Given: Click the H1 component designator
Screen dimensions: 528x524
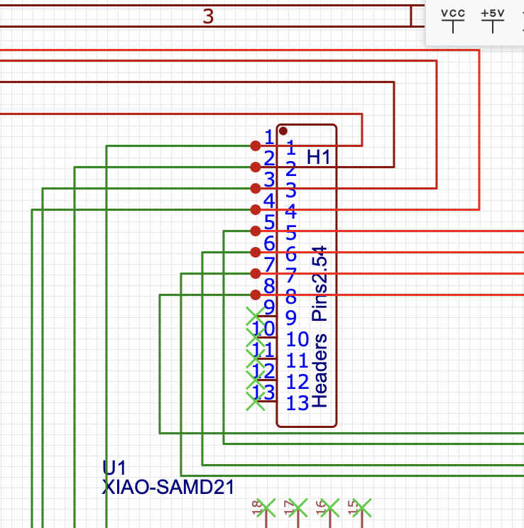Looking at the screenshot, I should coord(319,157).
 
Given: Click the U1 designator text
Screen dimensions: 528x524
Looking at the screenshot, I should coord(114,468).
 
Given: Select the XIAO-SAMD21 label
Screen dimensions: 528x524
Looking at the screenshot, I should coord(168,487).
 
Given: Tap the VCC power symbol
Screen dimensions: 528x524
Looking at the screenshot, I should coord(452,21).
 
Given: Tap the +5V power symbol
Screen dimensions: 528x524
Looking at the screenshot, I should coord(492,21).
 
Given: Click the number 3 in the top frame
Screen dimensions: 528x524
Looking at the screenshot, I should coord(208,16).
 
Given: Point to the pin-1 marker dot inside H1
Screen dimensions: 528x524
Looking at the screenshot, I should coord(283,131).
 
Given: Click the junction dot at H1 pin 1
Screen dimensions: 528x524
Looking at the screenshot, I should coord(256,145).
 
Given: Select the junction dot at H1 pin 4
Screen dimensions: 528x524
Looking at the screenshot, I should coord(256,209).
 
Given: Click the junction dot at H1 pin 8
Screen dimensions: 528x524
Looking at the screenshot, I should coord(256,295).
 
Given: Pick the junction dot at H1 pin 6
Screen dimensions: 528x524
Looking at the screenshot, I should coord(256,252).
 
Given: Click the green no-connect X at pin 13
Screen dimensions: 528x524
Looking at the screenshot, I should coord(255,402).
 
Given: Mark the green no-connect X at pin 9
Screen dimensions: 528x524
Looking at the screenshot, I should coord(255,316).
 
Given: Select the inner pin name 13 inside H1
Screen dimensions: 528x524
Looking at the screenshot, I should coord(298,403).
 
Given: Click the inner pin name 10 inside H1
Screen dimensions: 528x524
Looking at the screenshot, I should coord(298,339).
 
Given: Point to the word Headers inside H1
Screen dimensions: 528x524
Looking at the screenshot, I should coord(320,370).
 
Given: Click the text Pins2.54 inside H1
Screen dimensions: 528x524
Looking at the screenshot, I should coord(320,284).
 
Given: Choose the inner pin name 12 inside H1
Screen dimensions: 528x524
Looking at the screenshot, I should coord(298,382).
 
